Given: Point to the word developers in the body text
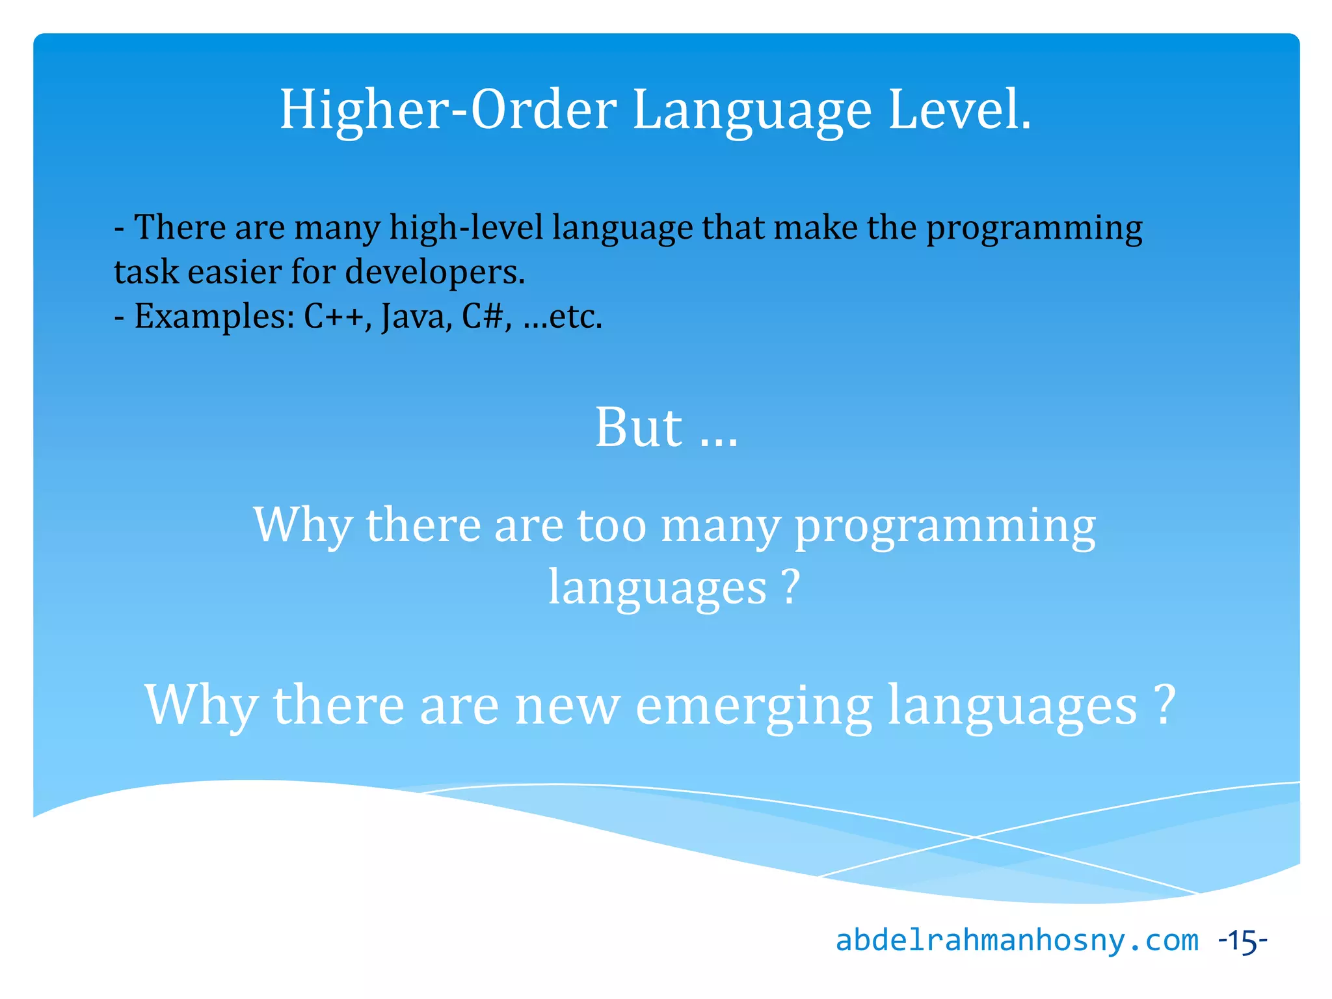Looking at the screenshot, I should coord(434,273).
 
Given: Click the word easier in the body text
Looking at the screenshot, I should coord(234,272).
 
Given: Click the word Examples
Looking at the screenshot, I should coord(215,317).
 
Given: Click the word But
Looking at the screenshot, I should coord(639,427).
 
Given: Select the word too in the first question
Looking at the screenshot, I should coord(611,525).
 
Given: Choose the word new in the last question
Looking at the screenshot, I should coord(567,706).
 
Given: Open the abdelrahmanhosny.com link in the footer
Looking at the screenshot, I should coord(1017,940).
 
